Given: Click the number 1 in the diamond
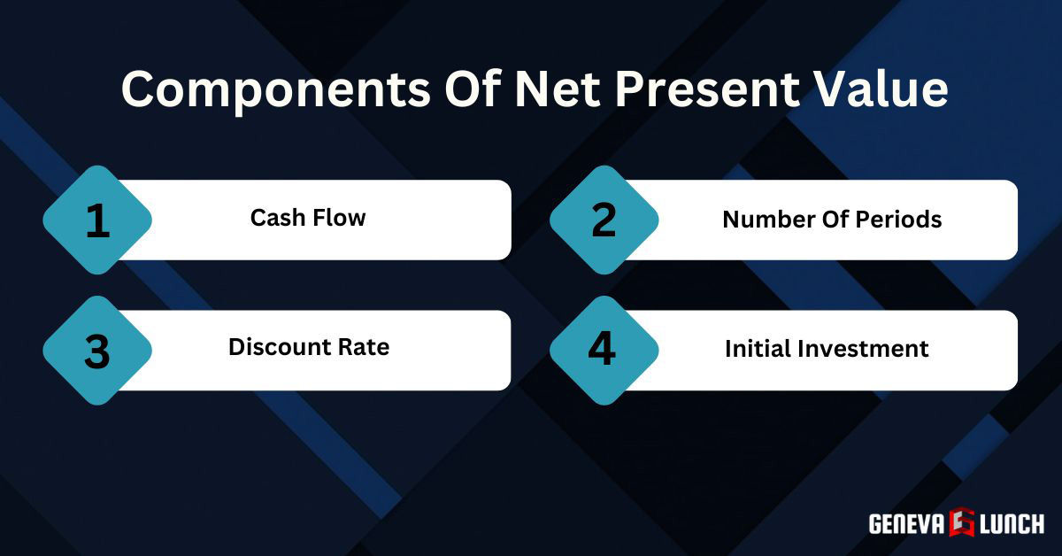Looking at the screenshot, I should tap(97, 220).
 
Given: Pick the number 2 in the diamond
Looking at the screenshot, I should tap(604, 220).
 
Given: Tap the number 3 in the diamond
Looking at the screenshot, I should tap(96, 351).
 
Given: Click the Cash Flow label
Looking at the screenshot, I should tap(308, 218).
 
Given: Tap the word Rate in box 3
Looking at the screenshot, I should tap(363, 347).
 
